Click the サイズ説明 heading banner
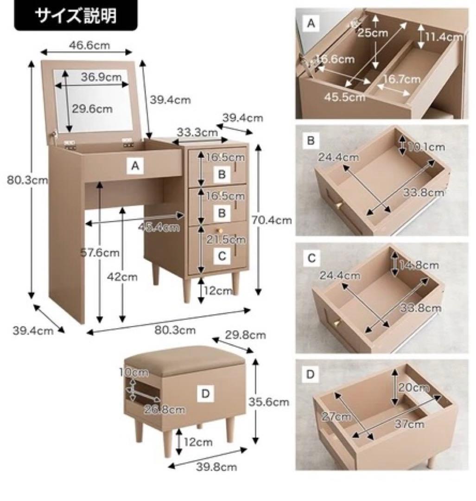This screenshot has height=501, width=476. pyautogui.click(x=76, y=15)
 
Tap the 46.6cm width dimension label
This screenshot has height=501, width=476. pyautogui.click(x=89, y=45)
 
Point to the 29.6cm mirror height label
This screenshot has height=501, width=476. pyautogui.click(x=92, y=109)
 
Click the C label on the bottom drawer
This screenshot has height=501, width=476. pyautogui.click(x=222, y=255)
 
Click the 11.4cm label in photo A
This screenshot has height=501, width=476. pyautogui.click(x=444, y=37)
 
